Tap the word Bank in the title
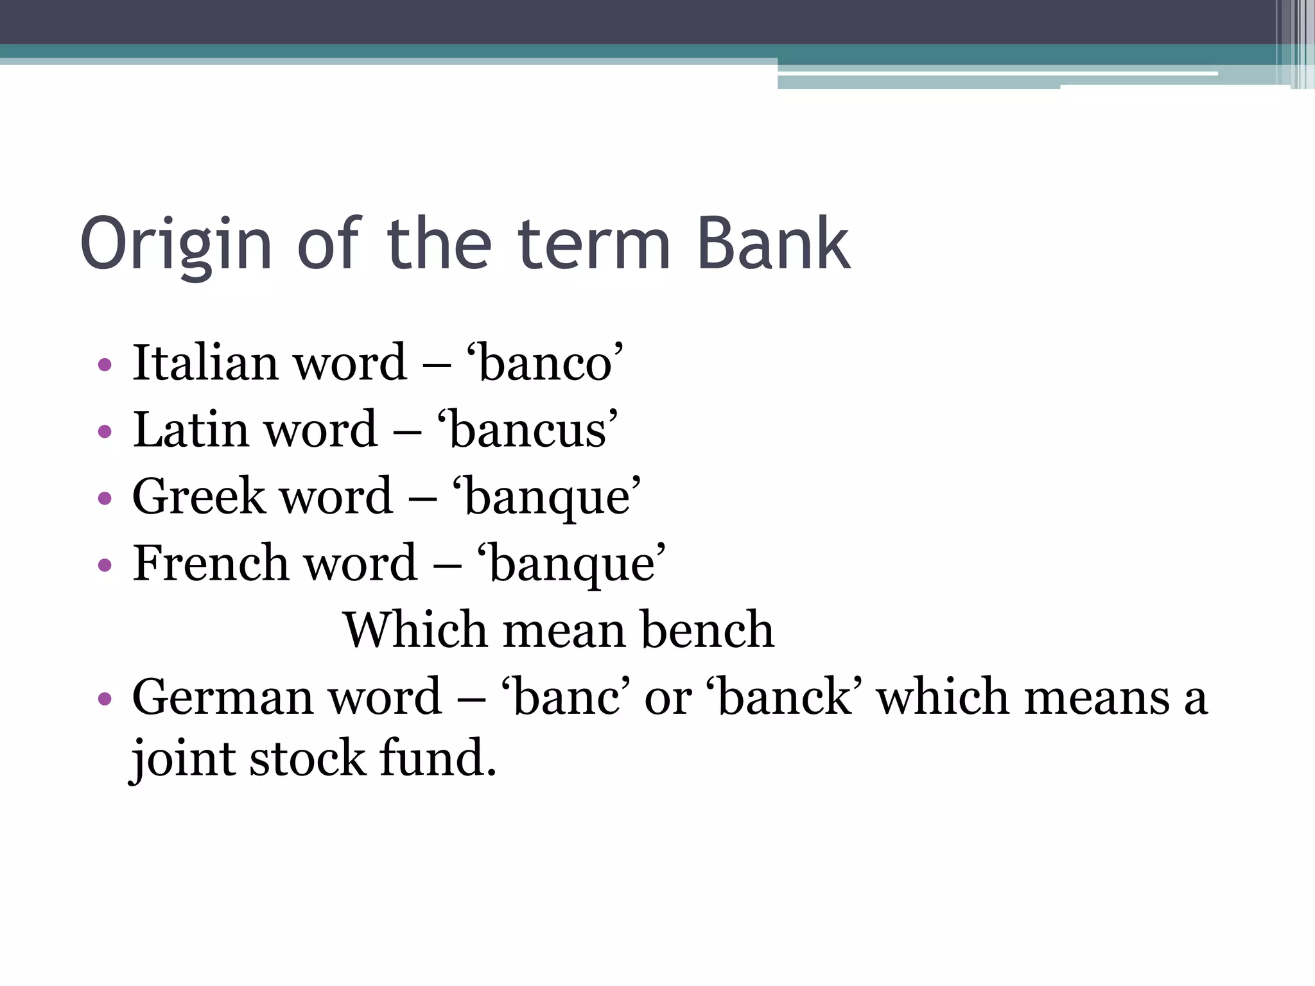click(x=773, y=244)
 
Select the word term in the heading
click(x=594, y=244)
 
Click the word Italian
click(x=205, y=363)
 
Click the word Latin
click(x=190, y=429)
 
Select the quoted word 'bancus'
click(x=527, y=429)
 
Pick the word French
click(x=209, y=563)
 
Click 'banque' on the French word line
click(x=571, y=564)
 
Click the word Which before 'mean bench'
click(x=414, y=630)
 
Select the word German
click(x=222, y=697)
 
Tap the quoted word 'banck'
click(x=784, y=697)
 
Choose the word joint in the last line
click(x=182, y=759)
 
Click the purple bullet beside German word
click(x=105, y=699)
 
